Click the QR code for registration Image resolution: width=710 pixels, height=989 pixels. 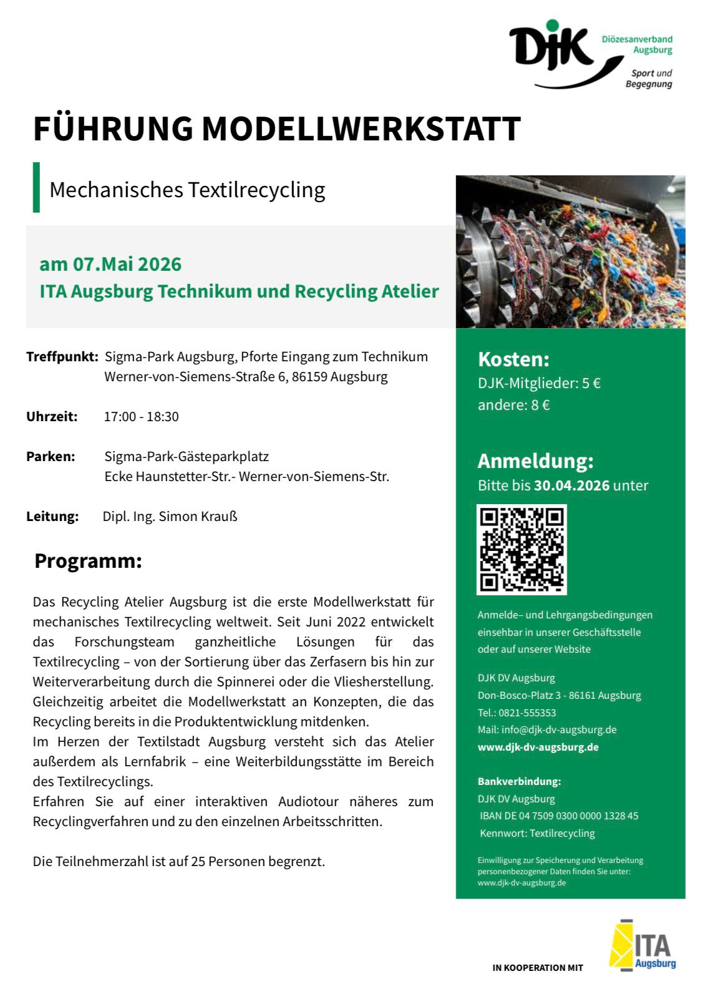click(x=522, y=549)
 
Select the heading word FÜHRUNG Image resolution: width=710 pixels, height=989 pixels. click(x=113, y=129)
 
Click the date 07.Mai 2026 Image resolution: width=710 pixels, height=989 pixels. click(x=127, y=264)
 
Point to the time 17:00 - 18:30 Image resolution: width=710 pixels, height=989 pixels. click(x=141, y=417)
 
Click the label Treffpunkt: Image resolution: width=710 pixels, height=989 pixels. click(x=62, y=357)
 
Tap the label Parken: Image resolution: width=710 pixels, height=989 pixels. click(x=51, y=457)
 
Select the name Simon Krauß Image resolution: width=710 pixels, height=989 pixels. click(x=198, y=517)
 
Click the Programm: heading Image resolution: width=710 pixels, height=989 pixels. click(x=88, y=561)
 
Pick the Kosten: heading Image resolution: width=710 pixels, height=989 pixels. click(x=513, y=359)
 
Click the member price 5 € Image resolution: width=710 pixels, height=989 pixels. click(x=591, y=383)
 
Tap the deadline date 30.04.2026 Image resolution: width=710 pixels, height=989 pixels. click(x=571, y=485)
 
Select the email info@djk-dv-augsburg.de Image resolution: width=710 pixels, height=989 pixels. click(x=559, y=729)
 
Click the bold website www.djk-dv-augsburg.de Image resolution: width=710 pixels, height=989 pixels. click(x=538, y=747)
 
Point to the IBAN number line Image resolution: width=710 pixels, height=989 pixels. click(x=560, y=816)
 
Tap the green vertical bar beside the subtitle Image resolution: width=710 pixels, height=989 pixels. click(x=36, y=187)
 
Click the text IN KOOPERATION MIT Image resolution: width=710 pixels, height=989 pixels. click(x=537, y=968)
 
